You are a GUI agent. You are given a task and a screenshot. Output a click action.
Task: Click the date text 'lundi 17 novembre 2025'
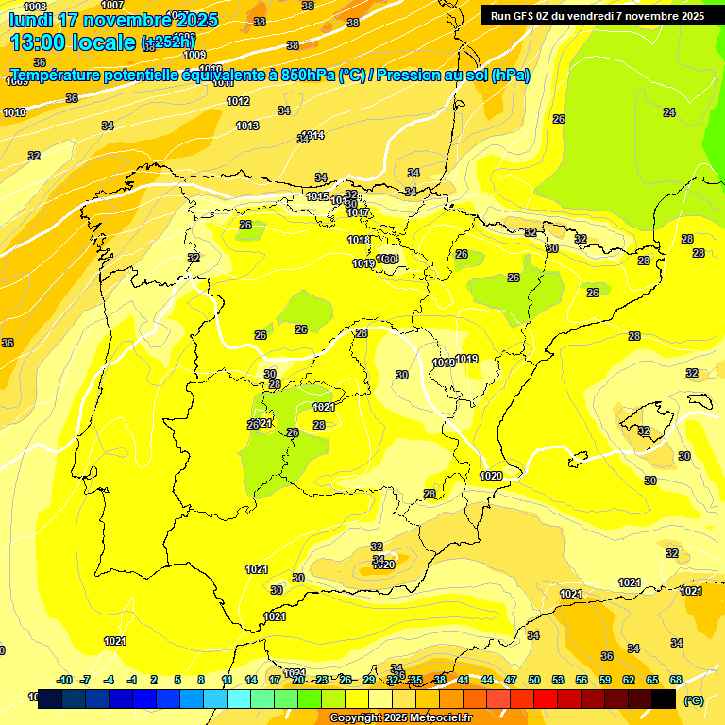(113, 20)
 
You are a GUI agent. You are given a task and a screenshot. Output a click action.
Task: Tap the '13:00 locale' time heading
(73, 42)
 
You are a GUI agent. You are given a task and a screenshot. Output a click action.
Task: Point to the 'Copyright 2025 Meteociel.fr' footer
(400, 718)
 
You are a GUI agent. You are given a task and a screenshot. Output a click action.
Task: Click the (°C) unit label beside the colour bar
(693, 700)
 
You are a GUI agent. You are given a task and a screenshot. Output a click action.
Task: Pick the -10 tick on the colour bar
(65, 680)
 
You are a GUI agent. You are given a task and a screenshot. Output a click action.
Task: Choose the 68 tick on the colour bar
(676, 680)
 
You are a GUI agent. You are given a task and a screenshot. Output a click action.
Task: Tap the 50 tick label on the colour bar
(534, 680)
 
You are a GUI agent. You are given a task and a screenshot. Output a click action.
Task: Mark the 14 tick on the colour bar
(251, 680)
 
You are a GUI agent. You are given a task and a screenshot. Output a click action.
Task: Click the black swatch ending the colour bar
(664, 699)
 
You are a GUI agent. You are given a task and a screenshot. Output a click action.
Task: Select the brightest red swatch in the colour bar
(546, 699)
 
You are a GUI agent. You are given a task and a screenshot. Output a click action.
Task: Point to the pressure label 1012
(238, 101)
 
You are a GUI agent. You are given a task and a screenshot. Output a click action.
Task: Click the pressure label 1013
(247, 126)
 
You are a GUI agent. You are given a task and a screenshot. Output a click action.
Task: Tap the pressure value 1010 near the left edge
(14, 112)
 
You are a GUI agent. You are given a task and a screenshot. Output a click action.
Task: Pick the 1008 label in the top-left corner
(35, 7)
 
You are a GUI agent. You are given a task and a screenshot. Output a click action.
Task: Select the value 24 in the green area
(669, 112)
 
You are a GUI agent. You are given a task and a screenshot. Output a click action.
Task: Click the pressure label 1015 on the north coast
(317, 196)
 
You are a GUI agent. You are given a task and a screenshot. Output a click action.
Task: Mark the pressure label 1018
(359, 241)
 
